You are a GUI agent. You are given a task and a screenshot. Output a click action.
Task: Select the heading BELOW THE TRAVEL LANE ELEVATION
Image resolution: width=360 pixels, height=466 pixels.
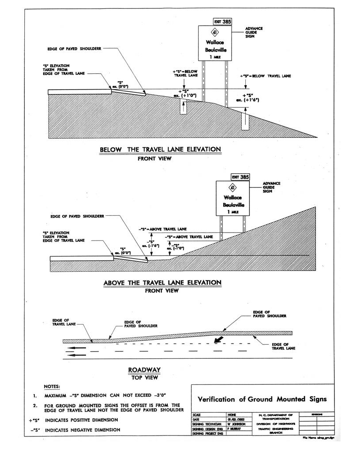click(x=161, y=150)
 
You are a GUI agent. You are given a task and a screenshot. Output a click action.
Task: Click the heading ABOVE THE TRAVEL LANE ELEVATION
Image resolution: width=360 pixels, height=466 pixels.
click(x=162, y=282)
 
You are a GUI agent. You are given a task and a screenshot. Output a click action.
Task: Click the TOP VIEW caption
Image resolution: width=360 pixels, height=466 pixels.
click(x=144, y=377)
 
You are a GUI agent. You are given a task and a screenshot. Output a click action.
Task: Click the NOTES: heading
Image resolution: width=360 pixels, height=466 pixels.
click(x=52, y=387)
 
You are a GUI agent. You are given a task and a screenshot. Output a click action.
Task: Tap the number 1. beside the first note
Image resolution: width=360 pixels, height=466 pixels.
click(x=34, y=396)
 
